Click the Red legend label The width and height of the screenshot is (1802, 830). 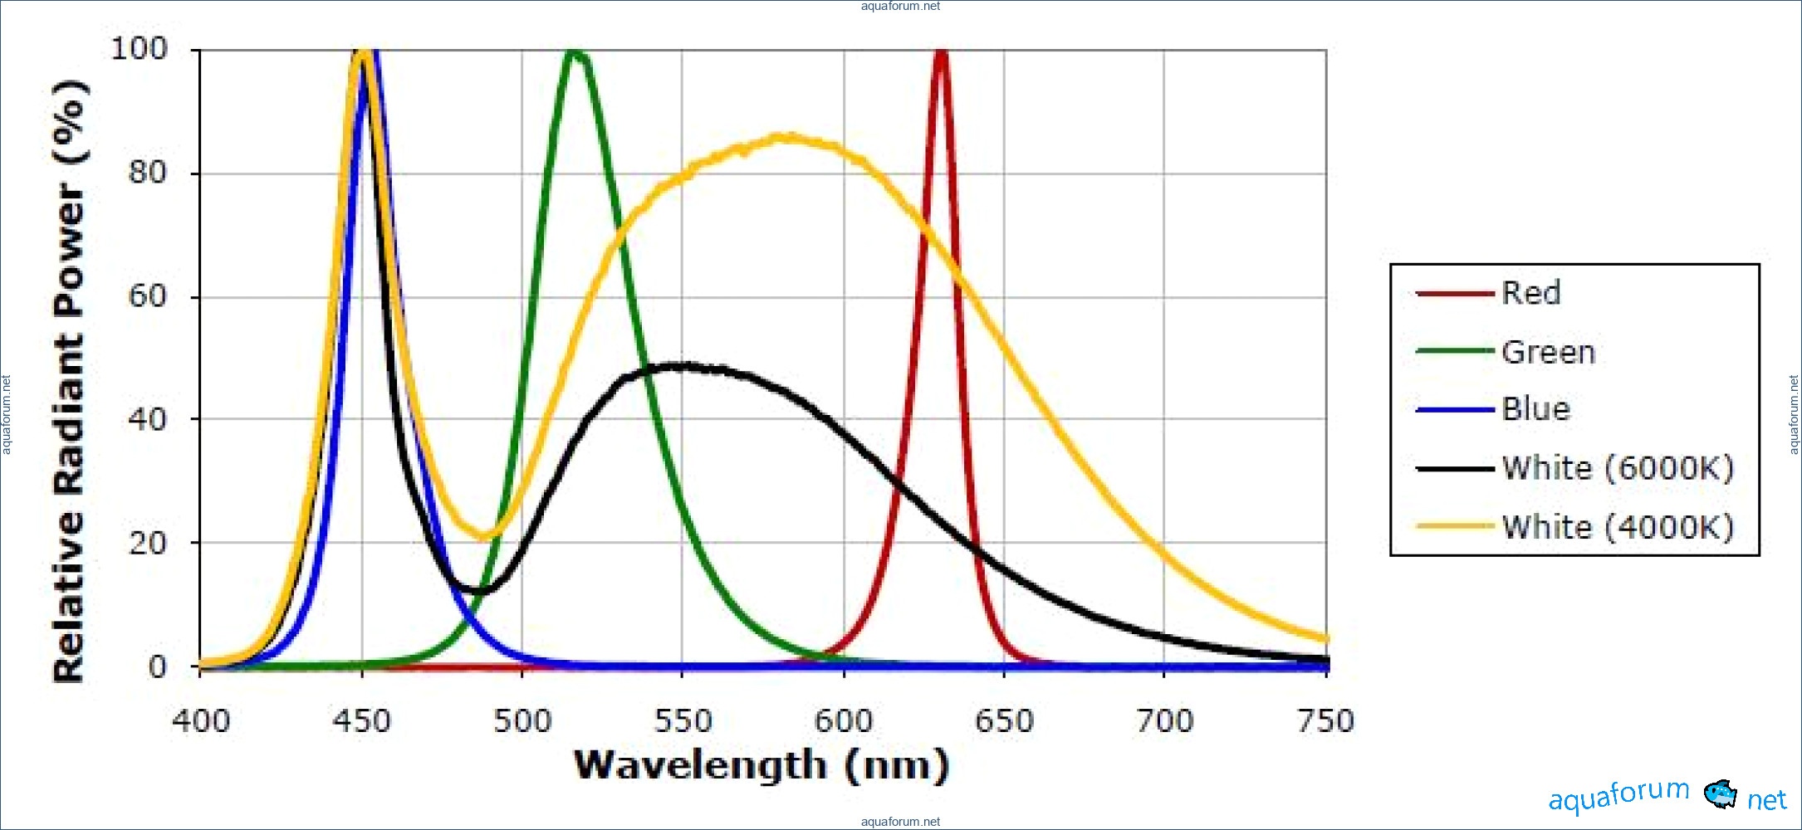coord(1530,293)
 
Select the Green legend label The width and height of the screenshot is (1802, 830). coord(1548,352)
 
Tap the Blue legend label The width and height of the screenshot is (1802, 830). coord(1535,409)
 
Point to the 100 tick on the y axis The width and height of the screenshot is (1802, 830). coord(140,49)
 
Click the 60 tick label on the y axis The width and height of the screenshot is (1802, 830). coord(147,296)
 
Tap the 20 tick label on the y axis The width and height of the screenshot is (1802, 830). coord(147,544)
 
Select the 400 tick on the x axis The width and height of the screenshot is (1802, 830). coord(201,720)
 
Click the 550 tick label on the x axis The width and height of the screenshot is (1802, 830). coord(683,720)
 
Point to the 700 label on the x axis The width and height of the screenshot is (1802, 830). coord(1164,720)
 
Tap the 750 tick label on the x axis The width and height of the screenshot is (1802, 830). coord(1325,720)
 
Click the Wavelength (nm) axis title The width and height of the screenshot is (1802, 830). coord(761,765)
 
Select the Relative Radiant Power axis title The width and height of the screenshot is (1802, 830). coord(70,382)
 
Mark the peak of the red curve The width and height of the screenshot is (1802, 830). coord(941,54)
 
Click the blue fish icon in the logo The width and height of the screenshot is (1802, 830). coord(1720,794)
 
